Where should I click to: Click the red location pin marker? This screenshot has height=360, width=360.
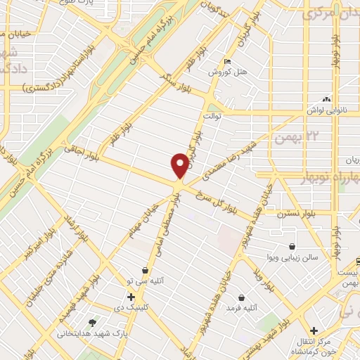180,165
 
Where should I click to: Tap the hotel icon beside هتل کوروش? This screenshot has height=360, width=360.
226,61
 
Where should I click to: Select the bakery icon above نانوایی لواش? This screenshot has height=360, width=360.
325,99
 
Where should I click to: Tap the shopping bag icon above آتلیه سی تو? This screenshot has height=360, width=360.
145,269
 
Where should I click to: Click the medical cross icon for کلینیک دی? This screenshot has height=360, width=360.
131,297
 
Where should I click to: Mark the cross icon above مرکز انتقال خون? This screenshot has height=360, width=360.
314,330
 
